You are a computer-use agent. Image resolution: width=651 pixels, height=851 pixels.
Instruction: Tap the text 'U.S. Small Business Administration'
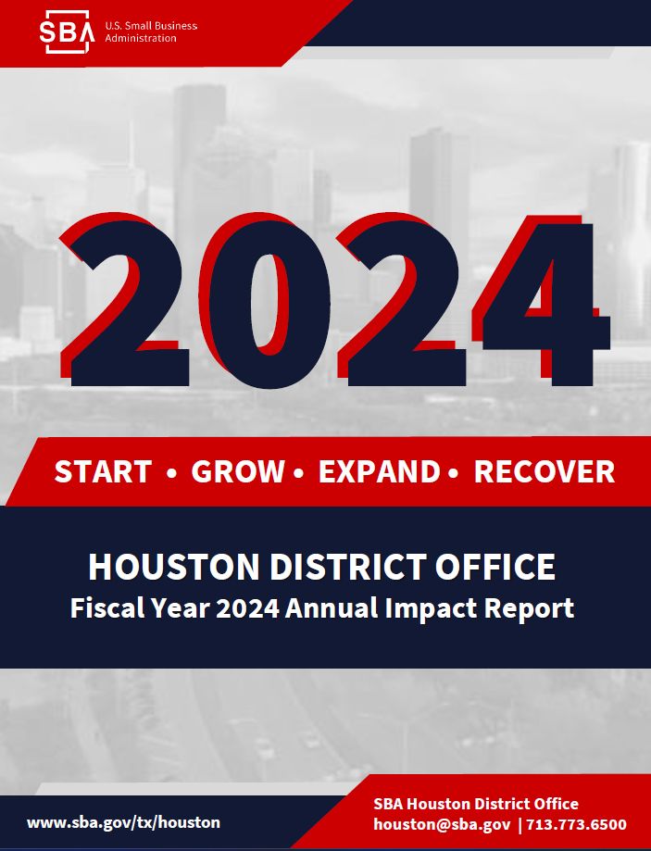click(x=151, y=32)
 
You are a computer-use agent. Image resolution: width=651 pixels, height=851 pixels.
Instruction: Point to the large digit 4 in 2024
click(x=542, y=301)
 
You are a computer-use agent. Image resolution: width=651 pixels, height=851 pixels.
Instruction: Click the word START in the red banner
click(x=103, y=471)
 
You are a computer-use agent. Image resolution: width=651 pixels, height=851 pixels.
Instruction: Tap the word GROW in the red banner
click(x=238, y=471)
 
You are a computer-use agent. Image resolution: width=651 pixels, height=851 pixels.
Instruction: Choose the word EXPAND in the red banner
click(x=379, y=471)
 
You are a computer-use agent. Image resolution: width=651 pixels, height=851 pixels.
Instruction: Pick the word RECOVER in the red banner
click(x=545, y=471)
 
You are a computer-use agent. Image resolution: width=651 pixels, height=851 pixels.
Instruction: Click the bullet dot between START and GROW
click(x=172, y=473)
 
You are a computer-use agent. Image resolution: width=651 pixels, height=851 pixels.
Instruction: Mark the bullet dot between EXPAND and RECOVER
click(x=454, y=473)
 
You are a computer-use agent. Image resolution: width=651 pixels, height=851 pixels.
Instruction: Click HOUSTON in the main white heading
click(x=174, y=567)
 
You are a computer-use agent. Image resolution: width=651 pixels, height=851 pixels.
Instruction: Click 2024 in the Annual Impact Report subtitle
click(x=247, y=607)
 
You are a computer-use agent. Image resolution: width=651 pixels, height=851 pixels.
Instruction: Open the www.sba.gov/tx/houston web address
click(x=123, y=823)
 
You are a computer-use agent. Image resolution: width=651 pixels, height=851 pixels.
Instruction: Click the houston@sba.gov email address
click(x=442, y=824)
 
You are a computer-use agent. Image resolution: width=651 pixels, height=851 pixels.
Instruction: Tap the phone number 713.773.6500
click(x=576, y=824)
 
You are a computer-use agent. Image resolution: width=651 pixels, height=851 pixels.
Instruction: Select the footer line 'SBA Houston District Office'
click(x=476, y=804)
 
